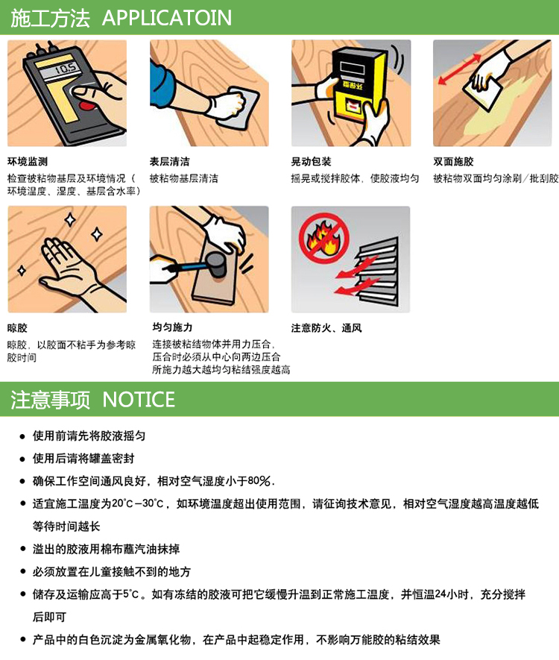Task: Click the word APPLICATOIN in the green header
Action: pos(166,18)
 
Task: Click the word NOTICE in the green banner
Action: pos(139,400)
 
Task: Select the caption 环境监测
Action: pos(28,162)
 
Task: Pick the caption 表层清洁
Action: pos(169,162)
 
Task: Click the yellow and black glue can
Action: pos(358,84)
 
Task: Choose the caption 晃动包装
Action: pos(312,162)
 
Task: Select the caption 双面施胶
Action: pos(453,162)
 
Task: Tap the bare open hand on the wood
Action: pos(69,265)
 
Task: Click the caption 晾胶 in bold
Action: pos(17,328)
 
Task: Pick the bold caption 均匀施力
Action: pos(172,327)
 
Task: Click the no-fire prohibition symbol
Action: pos(324,238)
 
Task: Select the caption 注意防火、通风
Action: pos(326,328)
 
